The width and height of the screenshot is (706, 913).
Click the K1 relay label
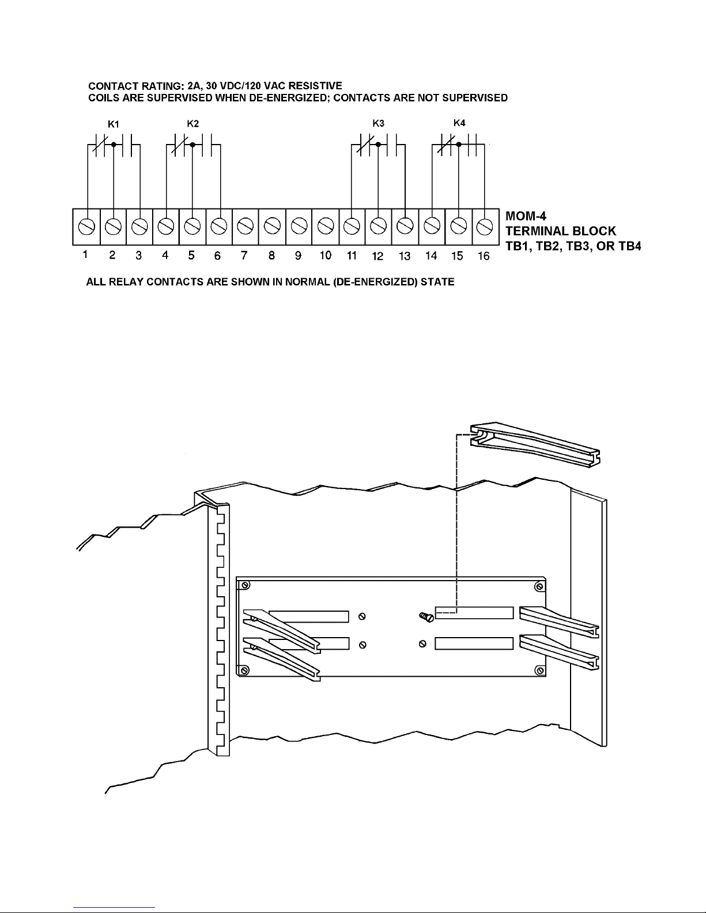[114, 124]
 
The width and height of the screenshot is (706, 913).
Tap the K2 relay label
[193, 124]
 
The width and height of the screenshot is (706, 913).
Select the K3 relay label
[378, 123]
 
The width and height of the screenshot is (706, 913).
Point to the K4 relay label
[459, 123]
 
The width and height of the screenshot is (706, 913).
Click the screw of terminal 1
[86, 227]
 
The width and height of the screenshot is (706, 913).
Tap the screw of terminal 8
[272, 226]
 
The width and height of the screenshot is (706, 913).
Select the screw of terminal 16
[485, 226]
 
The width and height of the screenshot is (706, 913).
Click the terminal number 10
[325, 255]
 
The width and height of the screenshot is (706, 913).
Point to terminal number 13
[404, 256]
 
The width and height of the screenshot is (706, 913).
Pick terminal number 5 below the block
[191, 255]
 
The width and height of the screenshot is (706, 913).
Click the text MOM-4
[526, 216]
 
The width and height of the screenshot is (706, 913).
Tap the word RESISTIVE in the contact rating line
[315, 86]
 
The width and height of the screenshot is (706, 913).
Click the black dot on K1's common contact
[114, 145]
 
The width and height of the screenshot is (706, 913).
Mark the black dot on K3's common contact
[378, 145]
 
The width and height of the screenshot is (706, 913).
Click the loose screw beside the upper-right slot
[426, 617]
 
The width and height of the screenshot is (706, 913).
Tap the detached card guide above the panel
[535, 445]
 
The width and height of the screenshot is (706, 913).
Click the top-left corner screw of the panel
[246, 585]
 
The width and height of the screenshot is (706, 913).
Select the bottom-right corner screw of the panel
[539, 670]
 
